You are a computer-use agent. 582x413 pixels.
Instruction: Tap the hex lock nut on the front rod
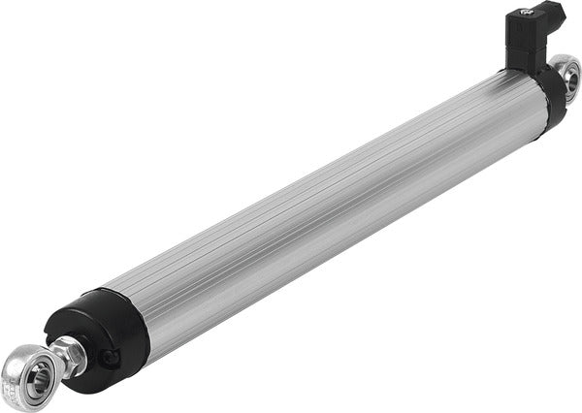(x=71, y=354)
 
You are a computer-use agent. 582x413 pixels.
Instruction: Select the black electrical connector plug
(x=529, y=34)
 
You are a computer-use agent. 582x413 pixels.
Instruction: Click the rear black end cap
(x=554, y=97)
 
